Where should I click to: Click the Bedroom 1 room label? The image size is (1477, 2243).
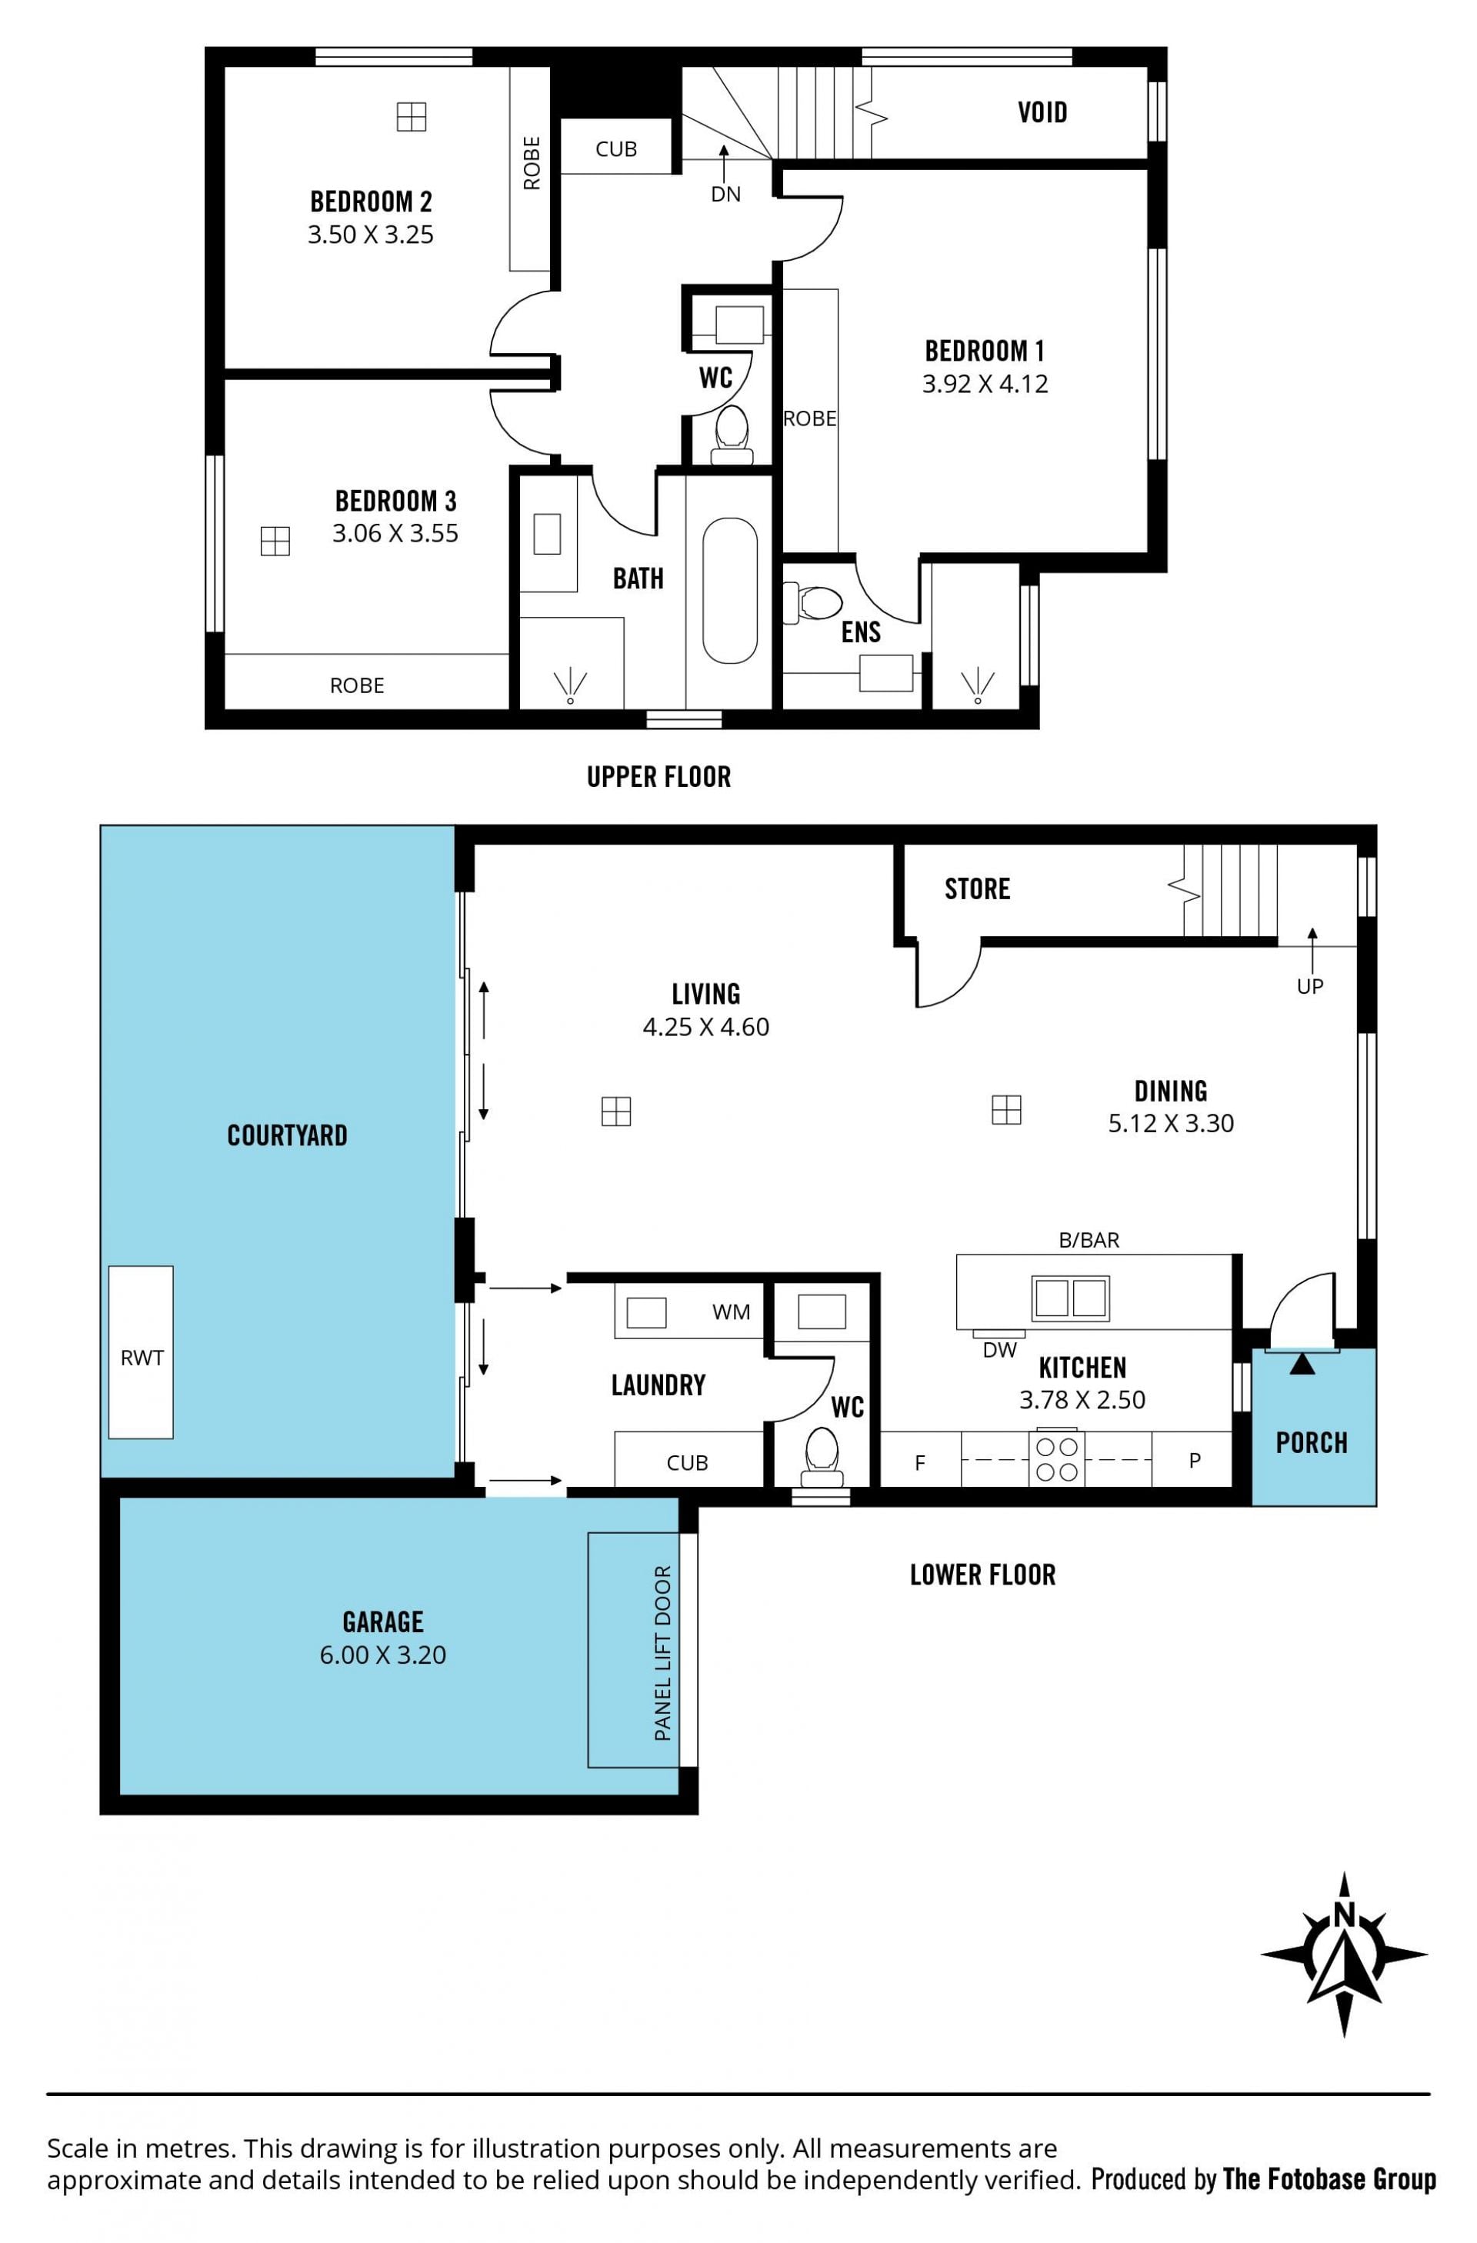[x=984, y=352]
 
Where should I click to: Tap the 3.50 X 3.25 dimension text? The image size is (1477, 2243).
[x=371, y=235]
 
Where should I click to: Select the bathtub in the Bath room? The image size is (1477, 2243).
[x=729, y=591]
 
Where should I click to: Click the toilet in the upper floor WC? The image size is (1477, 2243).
[x=732, y=435]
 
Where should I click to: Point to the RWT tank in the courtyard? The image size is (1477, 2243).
[x=141, y=1351]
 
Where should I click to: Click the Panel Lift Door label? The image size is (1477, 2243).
[x=662, y=1653]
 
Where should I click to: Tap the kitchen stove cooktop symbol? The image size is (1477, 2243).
[x=1057, y=1460]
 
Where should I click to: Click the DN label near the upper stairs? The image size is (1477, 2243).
[x=725, y=194]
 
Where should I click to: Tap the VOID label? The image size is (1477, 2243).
[x=1042, y=113]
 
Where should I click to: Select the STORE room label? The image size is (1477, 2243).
[x=978, y=888]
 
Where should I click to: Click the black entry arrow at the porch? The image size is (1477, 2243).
[x=1302, y=1364]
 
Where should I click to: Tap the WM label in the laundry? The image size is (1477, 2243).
[x=732, y=1311]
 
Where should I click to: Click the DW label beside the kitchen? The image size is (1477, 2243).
[x=1000, y=1350]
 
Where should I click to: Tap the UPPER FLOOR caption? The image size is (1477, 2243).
[x=658, y=777]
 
